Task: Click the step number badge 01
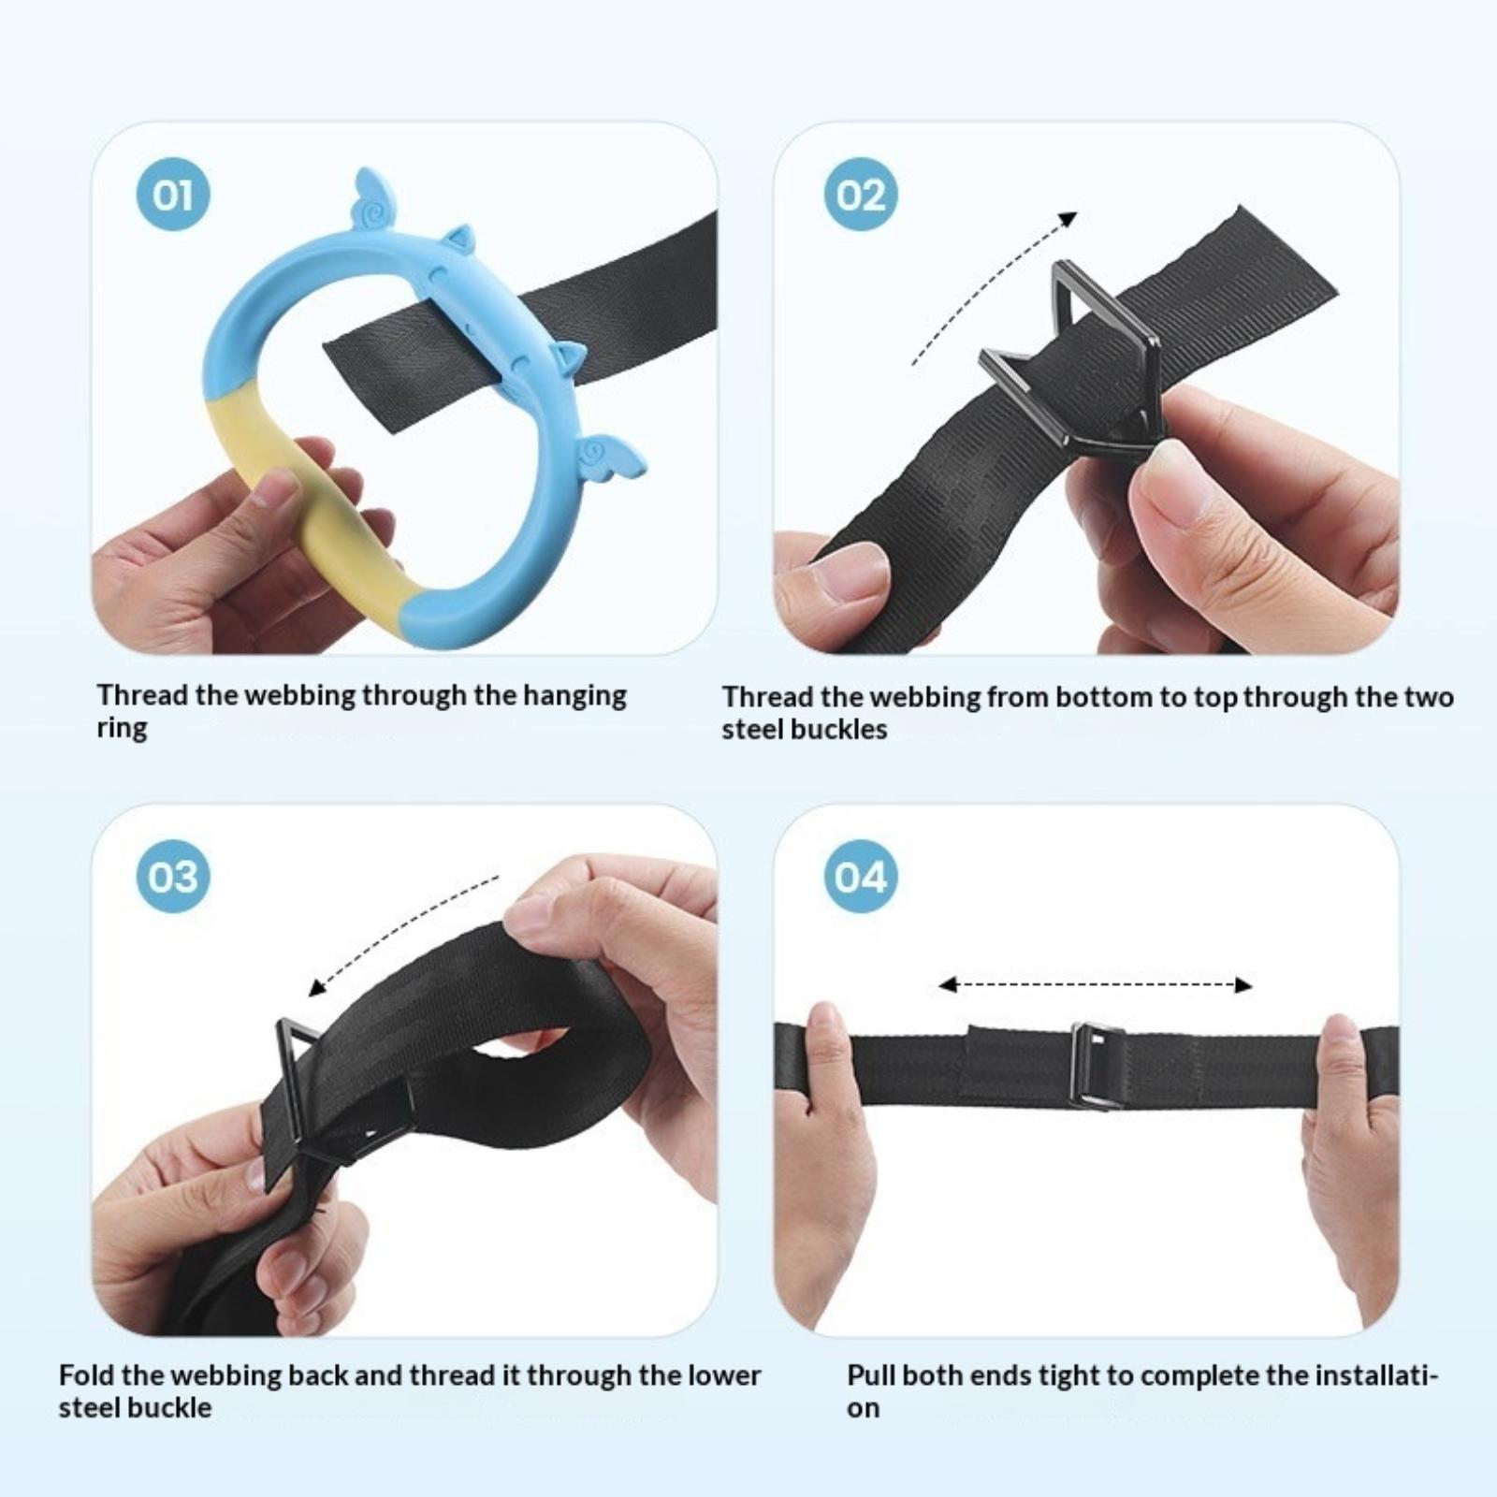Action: [172, 196]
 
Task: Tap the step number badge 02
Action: [860, 196]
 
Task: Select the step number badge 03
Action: [172, 877]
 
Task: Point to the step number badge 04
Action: [860, 877]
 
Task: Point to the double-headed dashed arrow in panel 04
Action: [1095, 984]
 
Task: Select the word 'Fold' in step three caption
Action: [87, 1375]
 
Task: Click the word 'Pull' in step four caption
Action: [873, 1376]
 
